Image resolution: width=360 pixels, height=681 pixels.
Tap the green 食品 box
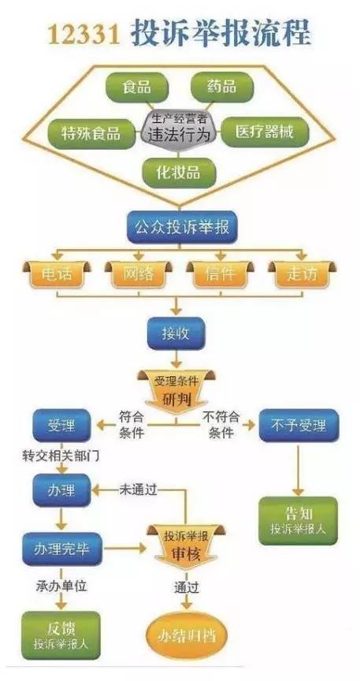point(135,87)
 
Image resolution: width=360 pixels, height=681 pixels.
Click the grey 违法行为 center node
point(180,128)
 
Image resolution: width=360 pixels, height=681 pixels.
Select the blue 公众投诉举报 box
point(180,228)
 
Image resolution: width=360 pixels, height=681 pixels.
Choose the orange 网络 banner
point(137,274)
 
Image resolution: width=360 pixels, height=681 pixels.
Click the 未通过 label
point(139,489)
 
